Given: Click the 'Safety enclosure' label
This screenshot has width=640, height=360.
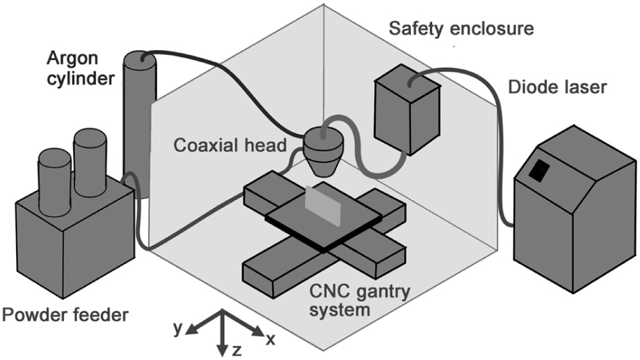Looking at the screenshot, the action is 461,29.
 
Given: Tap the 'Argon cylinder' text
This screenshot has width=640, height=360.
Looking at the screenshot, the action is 80,68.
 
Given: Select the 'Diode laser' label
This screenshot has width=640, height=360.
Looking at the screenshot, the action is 557,87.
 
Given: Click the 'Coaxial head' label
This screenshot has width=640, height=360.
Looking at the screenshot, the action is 230,145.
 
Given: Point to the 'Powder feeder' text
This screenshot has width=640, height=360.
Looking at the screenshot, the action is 65,315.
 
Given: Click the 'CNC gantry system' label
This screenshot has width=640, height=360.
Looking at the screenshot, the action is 359,300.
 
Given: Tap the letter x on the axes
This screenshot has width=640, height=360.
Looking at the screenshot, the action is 270,339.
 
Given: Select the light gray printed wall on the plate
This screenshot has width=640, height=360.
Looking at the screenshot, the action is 323,205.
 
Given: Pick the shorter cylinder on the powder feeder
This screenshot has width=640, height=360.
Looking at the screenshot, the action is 55,182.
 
